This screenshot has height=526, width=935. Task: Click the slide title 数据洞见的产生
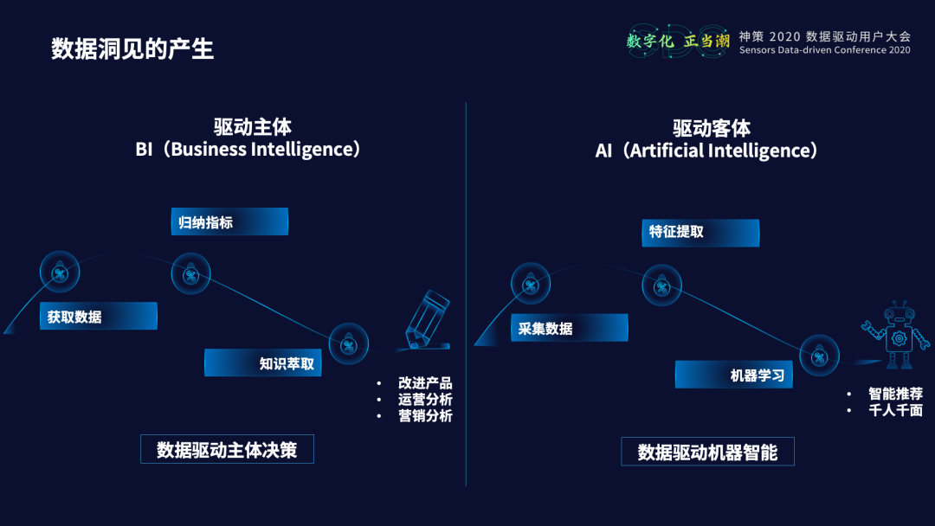point(132,48)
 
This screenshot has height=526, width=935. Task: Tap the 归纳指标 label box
point(229,221)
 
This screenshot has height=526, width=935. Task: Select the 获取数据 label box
point(99,316)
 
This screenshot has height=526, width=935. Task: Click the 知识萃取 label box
point(263,362)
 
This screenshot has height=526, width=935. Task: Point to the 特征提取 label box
point(700,233)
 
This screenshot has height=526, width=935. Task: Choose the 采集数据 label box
point(570,327)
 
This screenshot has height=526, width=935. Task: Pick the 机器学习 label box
point(734,374)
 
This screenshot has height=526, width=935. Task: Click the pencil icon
point(427,318)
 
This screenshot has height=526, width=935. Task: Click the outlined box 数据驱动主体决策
point(227,449)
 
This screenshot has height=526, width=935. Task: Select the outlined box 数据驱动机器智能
point(707,452)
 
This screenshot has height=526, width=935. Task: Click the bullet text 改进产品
point(425,383)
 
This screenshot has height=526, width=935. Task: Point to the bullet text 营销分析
point(425,415)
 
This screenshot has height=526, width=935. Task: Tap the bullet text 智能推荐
point(895,394)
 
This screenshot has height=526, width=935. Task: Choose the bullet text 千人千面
point(895,410)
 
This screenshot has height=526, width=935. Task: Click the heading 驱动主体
point(252,128)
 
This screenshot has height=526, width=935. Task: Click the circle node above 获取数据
point(60,273)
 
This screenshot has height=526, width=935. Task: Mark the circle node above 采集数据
point(531,284)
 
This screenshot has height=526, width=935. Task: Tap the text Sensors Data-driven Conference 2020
point(824,50)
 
